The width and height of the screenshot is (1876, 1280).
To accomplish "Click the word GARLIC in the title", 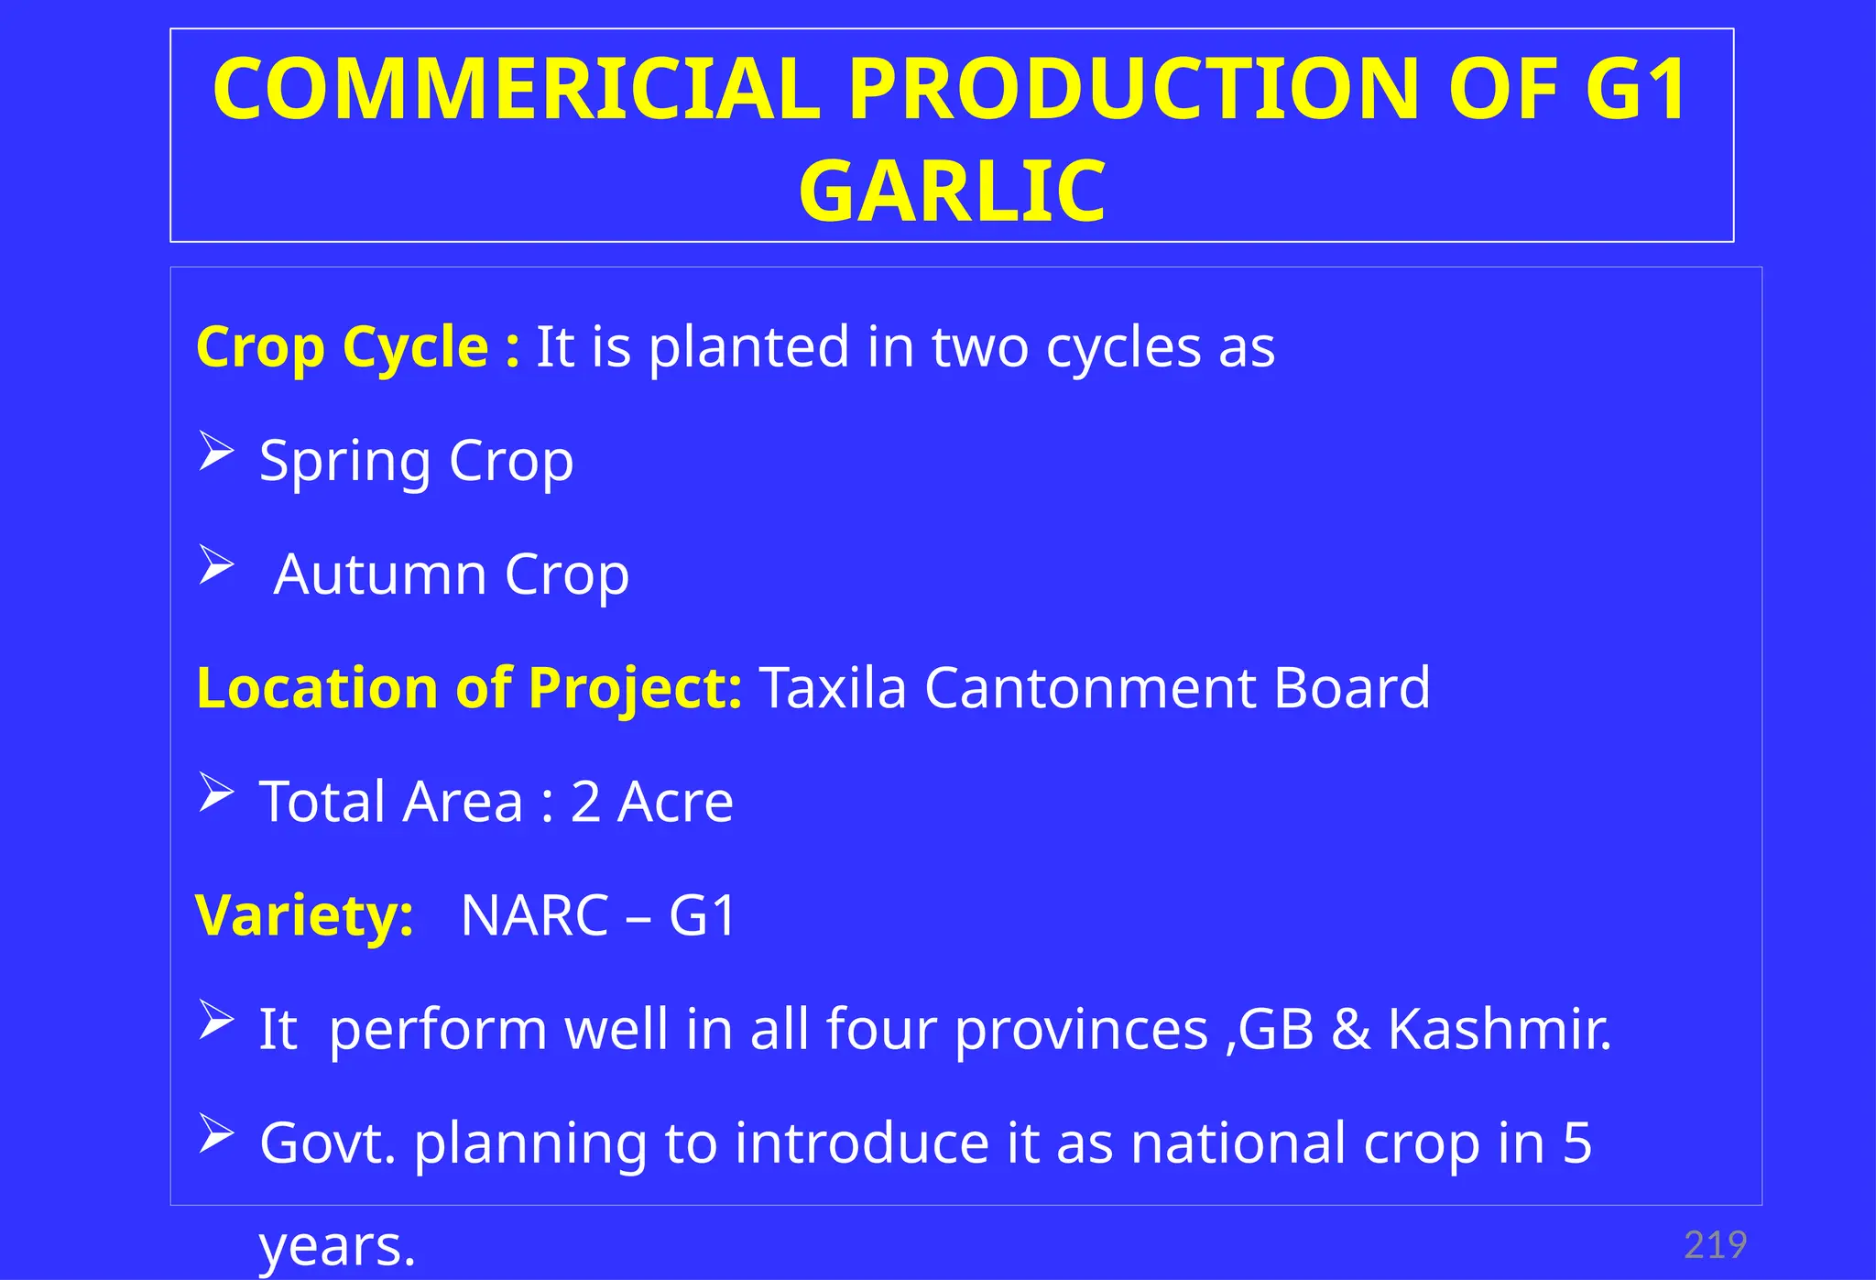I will [952, 191].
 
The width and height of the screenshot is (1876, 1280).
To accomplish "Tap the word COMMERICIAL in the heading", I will [516, 89].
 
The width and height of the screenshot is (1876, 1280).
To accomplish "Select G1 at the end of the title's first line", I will [1636, 89].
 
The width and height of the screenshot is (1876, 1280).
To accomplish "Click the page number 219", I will [1715, 1245].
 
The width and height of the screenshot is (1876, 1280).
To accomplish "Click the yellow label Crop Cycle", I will [343, 347].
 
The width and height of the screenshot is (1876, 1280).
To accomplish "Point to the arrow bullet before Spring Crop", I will [217, 453].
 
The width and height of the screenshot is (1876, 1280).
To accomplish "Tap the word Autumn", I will [380, 574].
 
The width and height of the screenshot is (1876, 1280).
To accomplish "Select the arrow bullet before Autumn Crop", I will [217, 565].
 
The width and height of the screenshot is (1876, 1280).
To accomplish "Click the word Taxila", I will [833, 687].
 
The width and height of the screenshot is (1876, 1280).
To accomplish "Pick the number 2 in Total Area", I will [585, 802].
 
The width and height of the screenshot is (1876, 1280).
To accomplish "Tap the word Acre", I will [675, 802].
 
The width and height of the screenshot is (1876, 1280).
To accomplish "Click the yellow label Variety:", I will [304, 915].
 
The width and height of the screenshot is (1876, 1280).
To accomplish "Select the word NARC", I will [535, 915].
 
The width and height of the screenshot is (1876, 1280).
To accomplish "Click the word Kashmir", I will [1499, 1029].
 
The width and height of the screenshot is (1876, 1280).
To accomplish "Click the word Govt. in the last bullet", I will [327, 1143].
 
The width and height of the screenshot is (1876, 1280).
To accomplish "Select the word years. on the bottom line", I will [337, 1246].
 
